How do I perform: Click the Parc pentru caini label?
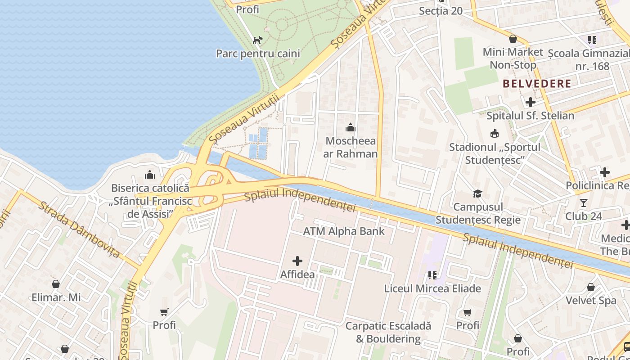(258, 54)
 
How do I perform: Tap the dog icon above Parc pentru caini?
(257, 40)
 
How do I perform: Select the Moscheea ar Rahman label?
(351, 147)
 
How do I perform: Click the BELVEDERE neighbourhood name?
(537, 84)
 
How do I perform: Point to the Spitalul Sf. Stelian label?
(530, 116)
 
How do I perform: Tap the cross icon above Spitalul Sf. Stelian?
(531, 102)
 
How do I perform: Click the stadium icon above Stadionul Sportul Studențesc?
(495, 134)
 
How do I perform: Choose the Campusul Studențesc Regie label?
(478, 213)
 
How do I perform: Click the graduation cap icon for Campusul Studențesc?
(477, 194)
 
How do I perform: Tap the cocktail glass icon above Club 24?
(584, 203)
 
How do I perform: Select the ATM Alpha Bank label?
(344, 231)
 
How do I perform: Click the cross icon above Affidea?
(297, 261)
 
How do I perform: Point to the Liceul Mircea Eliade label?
(432, 288)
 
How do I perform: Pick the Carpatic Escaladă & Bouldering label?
(388, 332)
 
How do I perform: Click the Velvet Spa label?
(591, 300)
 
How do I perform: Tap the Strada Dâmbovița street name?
(79, 230)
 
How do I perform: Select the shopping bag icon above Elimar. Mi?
(56, 284)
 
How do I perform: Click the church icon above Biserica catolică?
(150, 175)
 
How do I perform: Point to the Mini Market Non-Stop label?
(513, 58)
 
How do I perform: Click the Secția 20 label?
(441, 11)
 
